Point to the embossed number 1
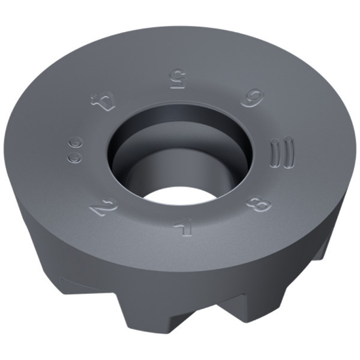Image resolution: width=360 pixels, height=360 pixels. pyautogui.click(x=180, y=226)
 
